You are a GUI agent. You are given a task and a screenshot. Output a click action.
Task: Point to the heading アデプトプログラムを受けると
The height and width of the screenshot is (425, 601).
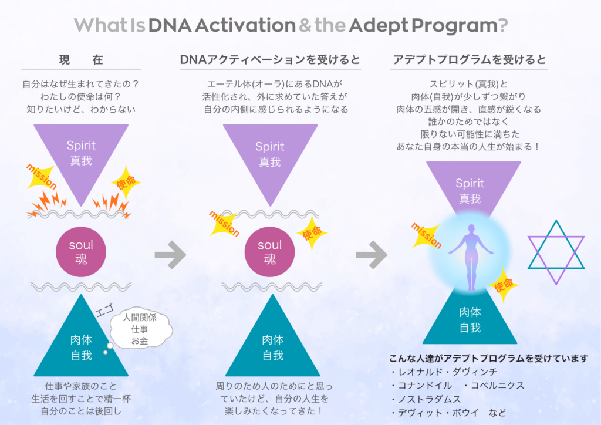pos(469,60)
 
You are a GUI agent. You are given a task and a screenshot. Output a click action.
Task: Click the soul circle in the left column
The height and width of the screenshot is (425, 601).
pos(81,252)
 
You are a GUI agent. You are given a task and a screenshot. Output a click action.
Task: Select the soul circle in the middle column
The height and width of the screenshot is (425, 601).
pos(269,252)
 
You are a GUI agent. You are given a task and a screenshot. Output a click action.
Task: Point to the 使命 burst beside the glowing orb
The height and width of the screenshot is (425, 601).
pos(504,285)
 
